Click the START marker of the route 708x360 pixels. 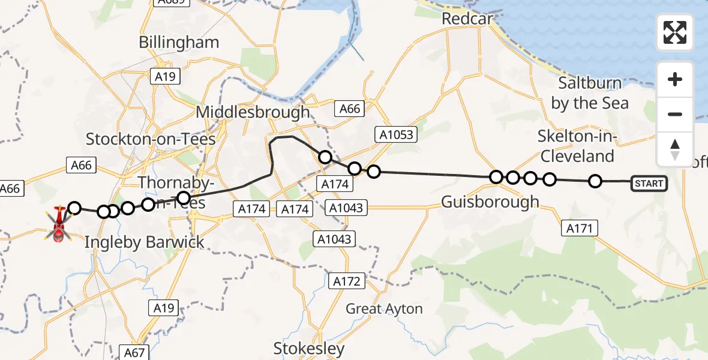point(649,183)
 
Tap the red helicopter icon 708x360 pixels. point(59,224)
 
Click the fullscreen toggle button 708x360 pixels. point(675,32)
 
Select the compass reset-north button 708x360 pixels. point(675,149)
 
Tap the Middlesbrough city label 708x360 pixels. point(253,112)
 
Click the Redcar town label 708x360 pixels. point(467,19)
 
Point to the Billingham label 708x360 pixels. point(179,43)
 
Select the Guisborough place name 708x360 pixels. point(490,202)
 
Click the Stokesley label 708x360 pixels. point(309,349)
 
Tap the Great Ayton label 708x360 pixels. point(384,309)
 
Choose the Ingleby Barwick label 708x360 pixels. point(144,242)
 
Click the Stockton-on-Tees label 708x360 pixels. point(151,139)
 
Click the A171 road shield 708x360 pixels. point(580,228)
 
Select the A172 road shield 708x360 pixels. point(347,280)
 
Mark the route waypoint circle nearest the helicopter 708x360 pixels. point(74,208)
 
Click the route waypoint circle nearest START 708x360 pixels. point(595,181)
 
